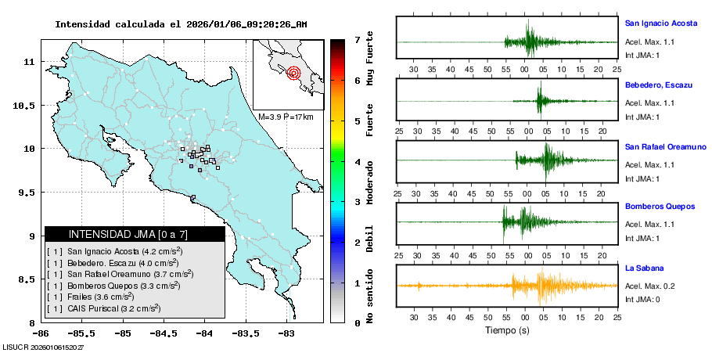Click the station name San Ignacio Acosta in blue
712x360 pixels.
coord(660,23)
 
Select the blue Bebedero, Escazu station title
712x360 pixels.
coord(658,84)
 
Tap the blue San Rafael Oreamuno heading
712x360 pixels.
coord(665,146)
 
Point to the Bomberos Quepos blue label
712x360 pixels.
coord(660,207)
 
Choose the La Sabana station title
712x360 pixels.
coord(644,268)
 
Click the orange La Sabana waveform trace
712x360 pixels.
coord(540,286)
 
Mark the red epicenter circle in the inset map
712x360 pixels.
coord(293,74)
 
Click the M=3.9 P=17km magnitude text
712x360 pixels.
coord(286,117)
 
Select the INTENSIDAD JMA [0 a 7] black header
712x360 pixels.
coord(135,234)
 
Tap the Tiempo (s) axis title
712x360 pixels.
coord(508,331)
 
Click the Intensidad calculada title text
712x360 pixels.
coord(181,24)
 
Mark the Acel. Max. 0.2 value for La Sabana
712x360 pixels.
coord(649,286)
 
